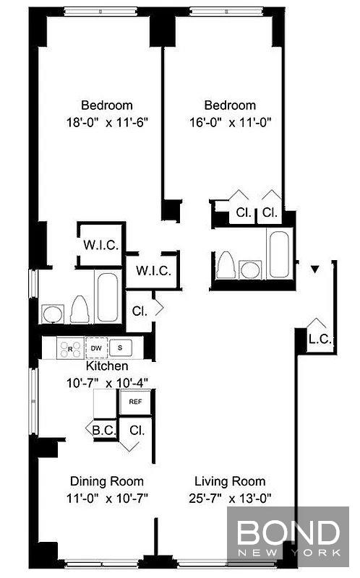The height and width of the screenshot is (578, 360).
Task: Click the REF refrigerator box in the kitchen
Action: point(135,402)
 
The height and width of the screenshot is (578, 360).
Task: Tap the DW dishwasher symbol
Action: point(96,348)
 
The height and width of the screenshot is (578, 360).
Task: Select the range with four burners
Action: point(70,349)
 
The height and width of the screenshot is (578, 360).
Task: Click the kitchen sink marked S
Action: point(120,348)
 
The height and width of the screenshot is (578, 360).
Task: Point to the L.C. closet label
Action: point(320,339)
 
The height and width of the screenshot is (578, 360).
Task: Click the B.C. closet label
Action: point(103,430)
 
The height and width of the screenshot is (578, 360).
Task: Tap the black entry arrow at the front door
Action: point(314,269)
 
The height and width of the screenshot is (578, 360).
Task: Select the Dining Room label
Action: point(107,481)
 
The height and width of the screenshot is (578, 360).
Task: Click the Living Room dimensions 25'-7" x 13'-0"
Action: point(230,499)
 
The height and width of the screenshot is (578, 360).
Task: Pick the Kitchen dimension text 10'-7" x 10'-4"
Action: point(107,383)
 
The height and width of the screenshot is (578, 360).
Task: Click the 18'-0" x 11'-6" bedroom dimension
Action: point(107,122)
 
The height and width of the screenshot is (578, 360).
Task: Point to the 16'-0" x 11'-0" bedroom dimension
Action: point(230,122)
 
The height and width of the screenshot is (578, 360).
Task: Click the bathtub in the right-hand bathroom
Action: point(279,254)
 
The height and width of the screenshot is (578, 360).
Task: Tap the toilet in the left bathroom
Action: point(80,309)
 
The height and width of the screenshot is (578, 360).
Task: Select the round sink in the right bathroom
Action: point(250,270)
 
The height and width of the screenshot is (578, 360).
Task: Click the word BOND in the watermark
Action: point(288,532)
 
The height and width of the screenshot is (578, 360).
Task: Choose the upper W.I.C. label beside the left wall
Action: point(100,245)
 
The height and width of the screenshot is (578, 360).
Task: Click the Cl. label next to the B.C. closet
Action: point(137,430)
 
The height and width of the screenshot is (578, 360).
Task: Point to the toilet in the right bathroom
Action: point(226,265)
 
